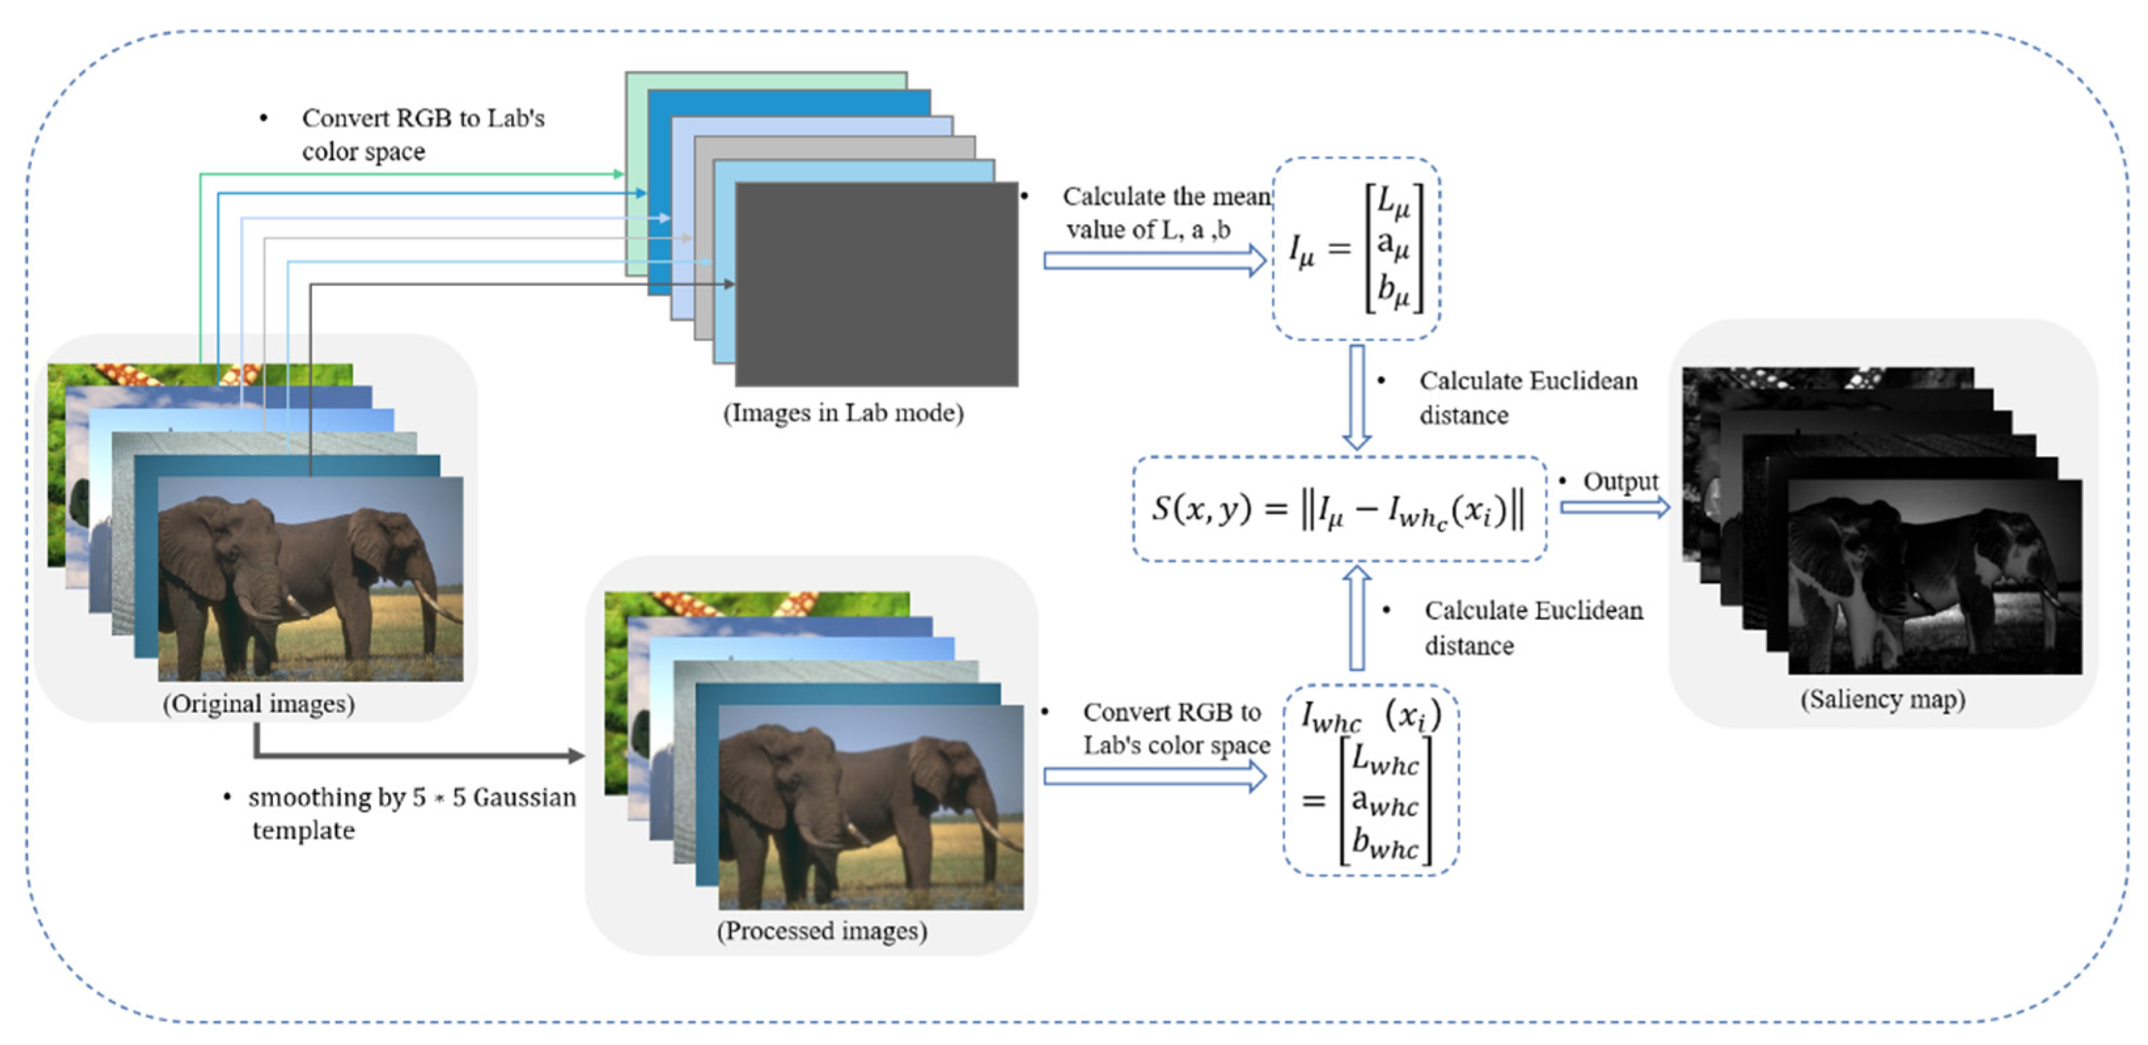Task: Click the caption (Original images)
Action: point(259,703)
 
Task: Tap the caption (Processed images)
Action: point(821,930)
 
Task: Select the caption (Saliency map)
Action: point(1882,698)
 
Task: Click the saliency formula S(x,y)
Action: point(1338,509)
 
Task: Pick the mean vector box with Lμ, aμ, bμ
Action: point(1357,249)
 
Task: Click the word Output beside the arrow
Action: point(1620,481)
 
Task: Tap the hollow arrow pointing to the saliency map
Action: point(1615,507)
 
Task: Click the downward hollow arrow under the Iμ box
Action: point(1357,397)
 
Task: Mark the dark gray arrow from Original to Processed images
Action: point(417,756)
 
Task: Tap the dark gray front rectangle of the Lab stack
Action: point(876,284)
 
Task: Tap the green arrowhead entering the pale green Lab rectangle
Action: point(618,174)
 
